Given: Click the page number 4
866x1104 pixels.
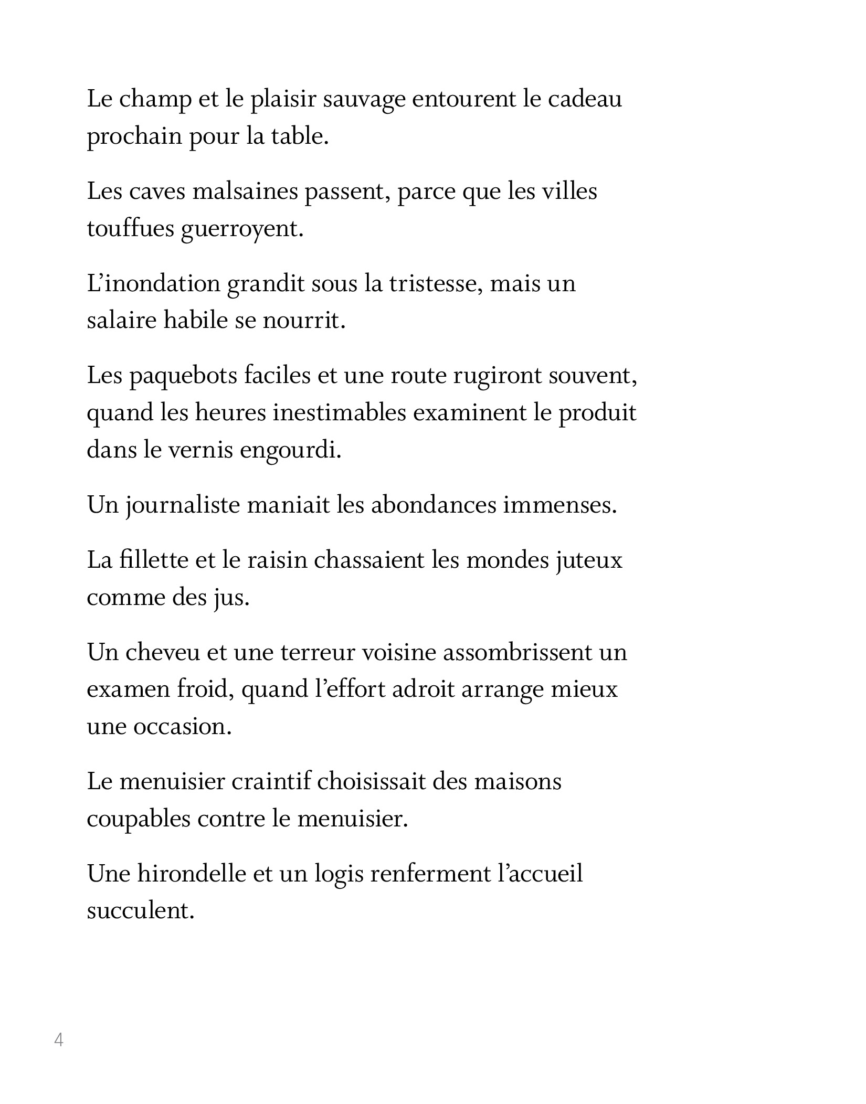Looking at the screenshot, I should click(59, 1039).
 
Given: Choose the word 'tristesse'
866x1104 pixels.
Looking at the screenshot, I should click(434, 284).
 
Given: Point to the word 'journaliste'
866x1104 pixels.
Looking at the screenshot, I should click(183, 506).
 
